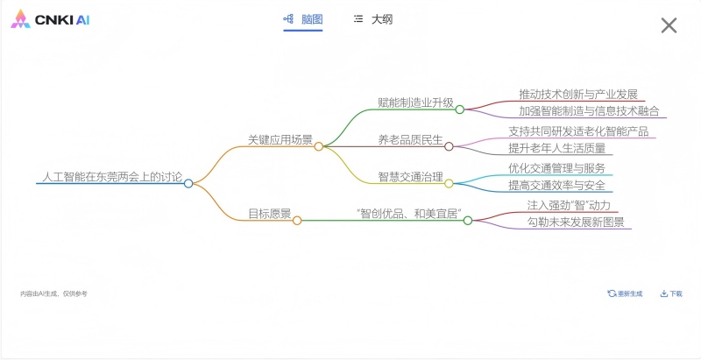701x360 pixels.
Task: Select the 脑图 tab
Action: coord(303,18)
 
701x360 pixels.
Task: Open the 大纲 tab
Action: coord(373,18)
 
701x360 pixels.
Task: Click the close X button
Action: coord(669,25)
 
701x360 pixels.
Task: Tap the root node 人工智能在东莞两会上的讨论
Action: coord(112,177)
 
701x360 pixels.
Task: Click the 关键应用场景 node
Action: coord(280,139)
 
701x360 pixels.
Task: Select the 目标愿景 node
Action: coord(269,213)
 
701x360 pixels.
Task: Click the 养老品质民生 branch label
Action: coord(410,139)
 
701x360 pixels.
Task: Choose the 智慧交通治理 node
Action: coord(410,176)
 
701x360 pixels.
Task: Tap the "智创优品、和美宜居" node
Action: coord(409,213)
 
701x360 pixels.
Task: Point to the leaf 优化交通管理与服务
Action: coord(556,167)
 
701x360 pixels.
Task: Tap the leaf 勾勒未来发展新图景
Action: coord(576,222)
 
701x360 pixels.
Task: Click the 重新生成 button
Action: coord(625,293)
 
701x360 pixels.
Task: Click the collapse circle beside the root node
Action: coord(188,183)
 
